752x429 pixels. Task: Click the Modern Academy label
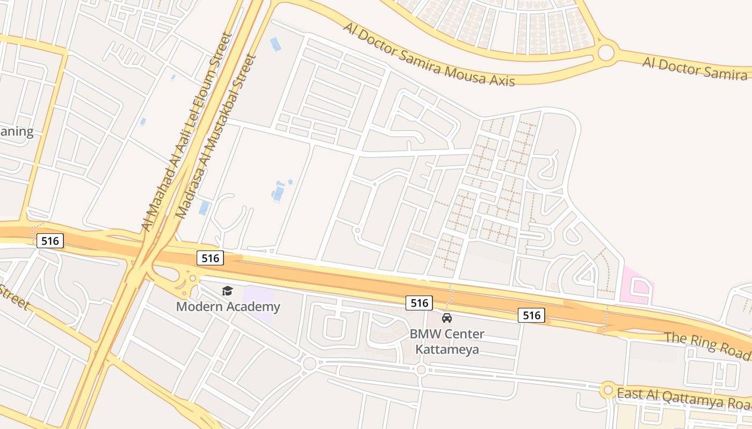(x=228, y=307)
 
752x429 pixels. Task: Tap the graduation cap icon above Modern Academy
(x=228, y=291)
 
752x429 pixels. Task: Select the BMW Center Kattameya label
(x=447, y=342)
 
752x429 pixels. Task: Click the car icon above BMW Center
(x=447, y=318)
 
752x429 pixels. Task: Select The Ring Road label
(x=707, y=346)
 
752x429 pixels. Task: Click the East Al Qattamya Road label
(x=683, y=397)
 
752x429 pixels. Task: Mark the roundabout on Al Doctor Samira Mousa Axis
(x=605, y=53)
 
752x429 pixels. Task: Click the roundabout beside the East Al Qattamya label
(x=608, y=390)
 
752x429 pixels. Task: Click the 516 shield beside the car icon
(x=419, y=303)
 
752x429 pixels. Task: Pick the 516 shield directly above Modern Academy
(x=210, y=258)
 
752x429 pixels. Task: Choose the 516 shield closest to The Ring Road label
(x=531, y=315)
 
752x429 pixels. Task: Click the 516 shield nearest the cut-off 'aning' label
(x=50, y=241)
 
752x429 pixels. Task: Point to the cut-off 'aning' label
(x=17, y=131)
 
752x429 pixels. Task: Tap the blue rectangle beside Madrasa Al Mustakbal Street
(x=204, y=208)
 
